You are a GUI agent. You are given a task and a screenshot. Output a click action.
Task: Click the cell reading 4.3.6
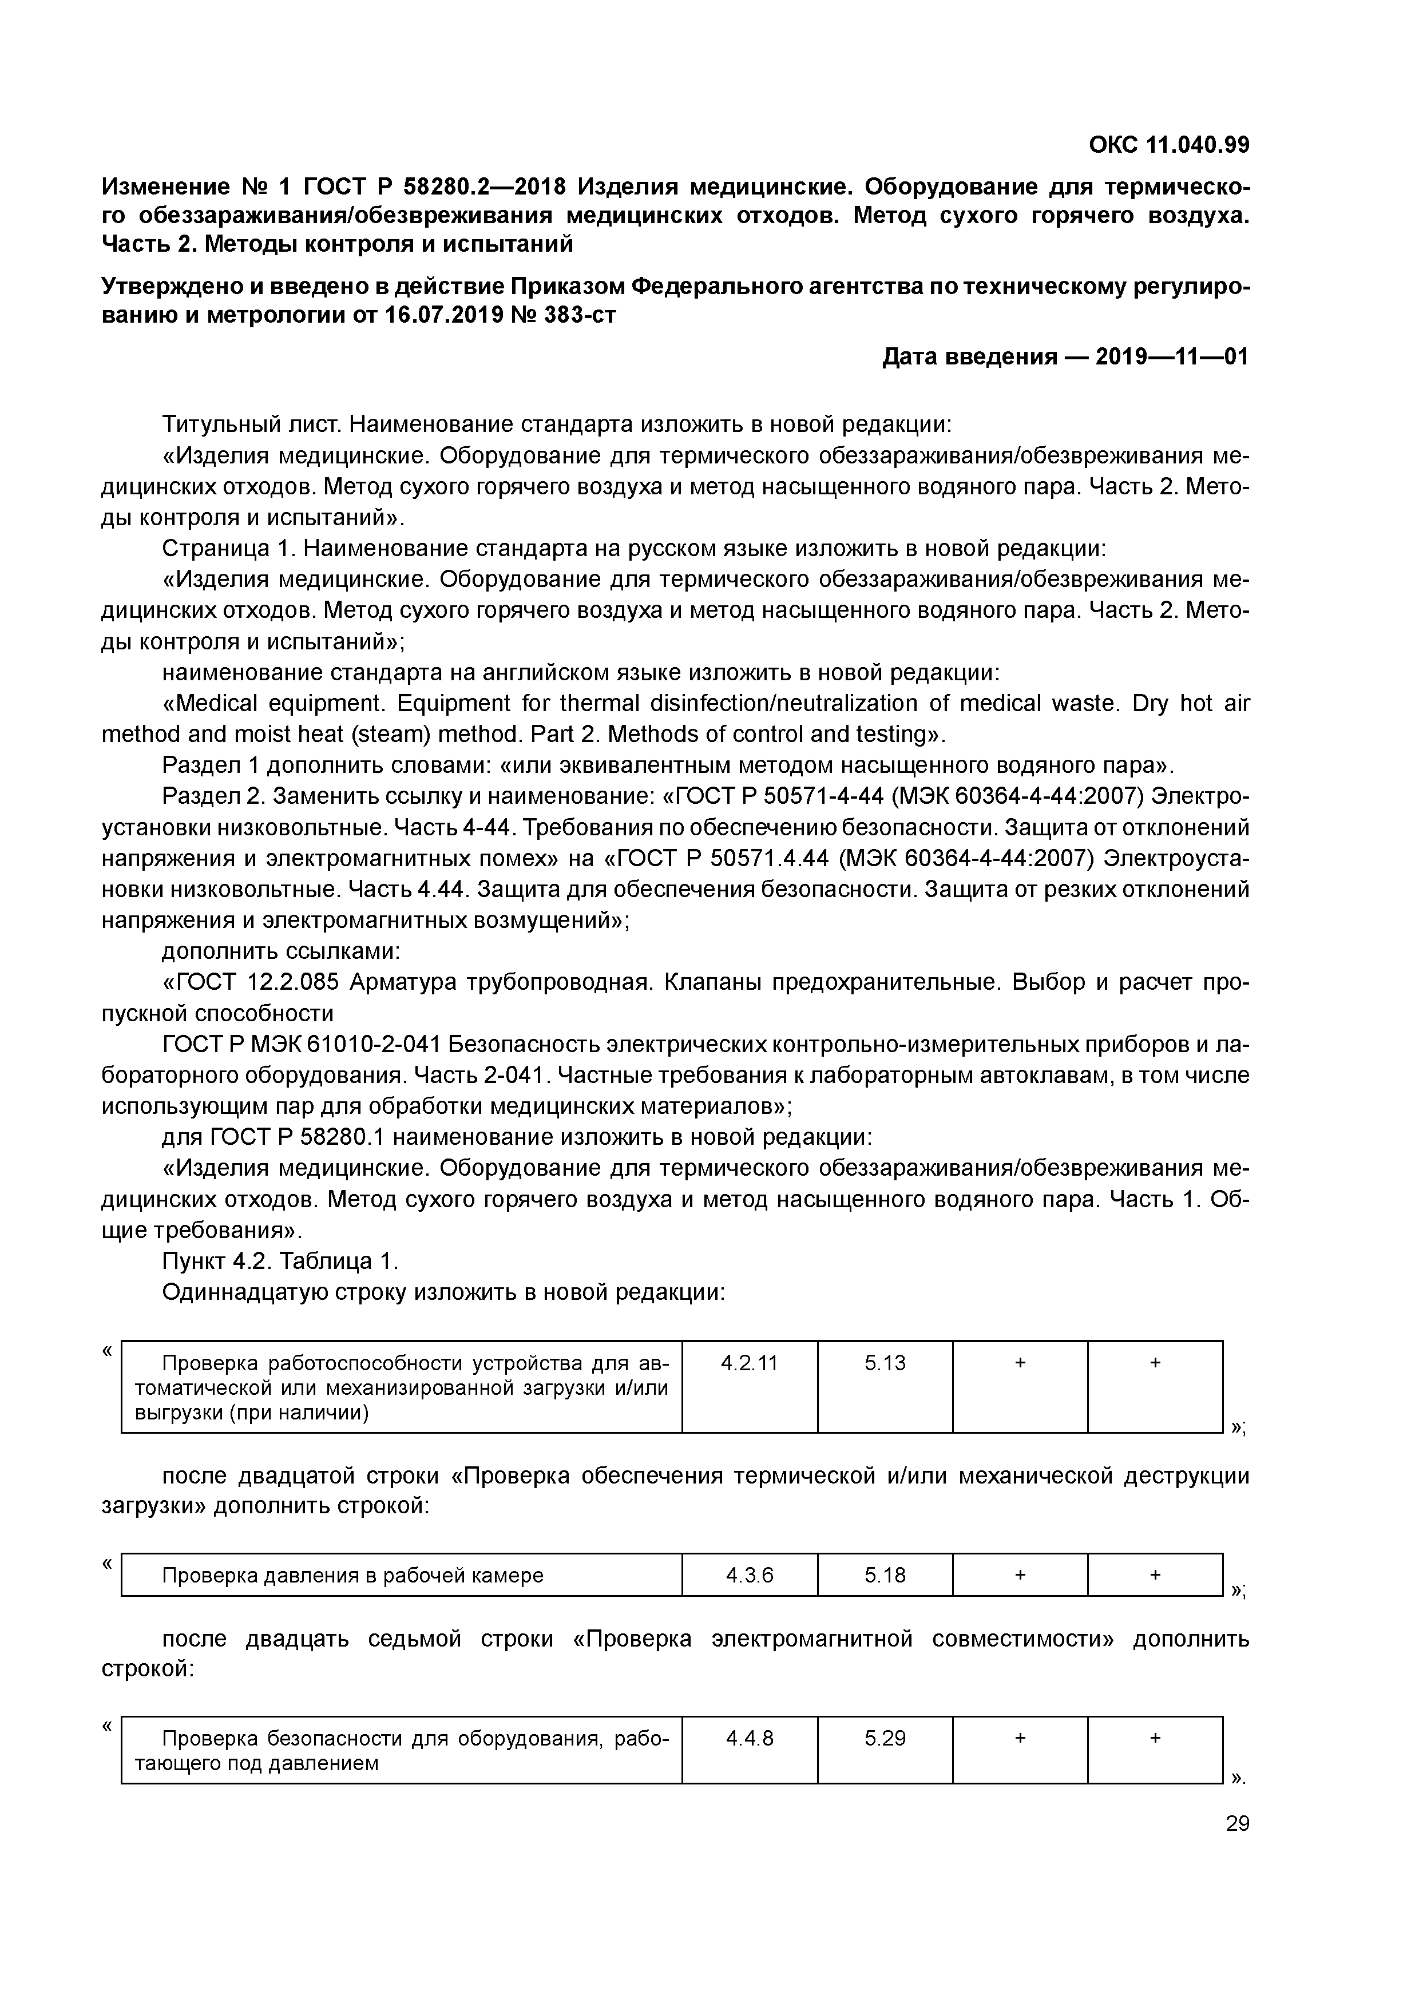(x=750, y=1575)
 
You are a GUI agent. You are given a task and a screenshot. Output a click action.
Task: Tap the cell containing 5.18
(x=885, y=1575)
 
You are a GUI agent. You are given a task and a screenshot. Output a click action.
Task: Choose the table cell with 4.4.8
(x=750, y=1738)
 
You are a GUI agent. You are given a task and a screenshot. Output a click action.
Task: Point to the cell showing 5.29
(x=885, y=1738)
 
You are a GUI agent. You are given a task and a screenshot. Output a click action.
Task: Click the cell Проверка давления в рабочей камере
(x=352, y=1575)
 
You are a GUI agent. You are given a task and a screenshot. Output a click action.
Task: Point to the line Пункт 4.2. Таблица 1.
(x=280, y=1262)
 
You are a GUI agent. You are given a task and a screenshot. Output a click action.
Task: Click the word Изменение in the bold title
(x=165, y=187)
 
